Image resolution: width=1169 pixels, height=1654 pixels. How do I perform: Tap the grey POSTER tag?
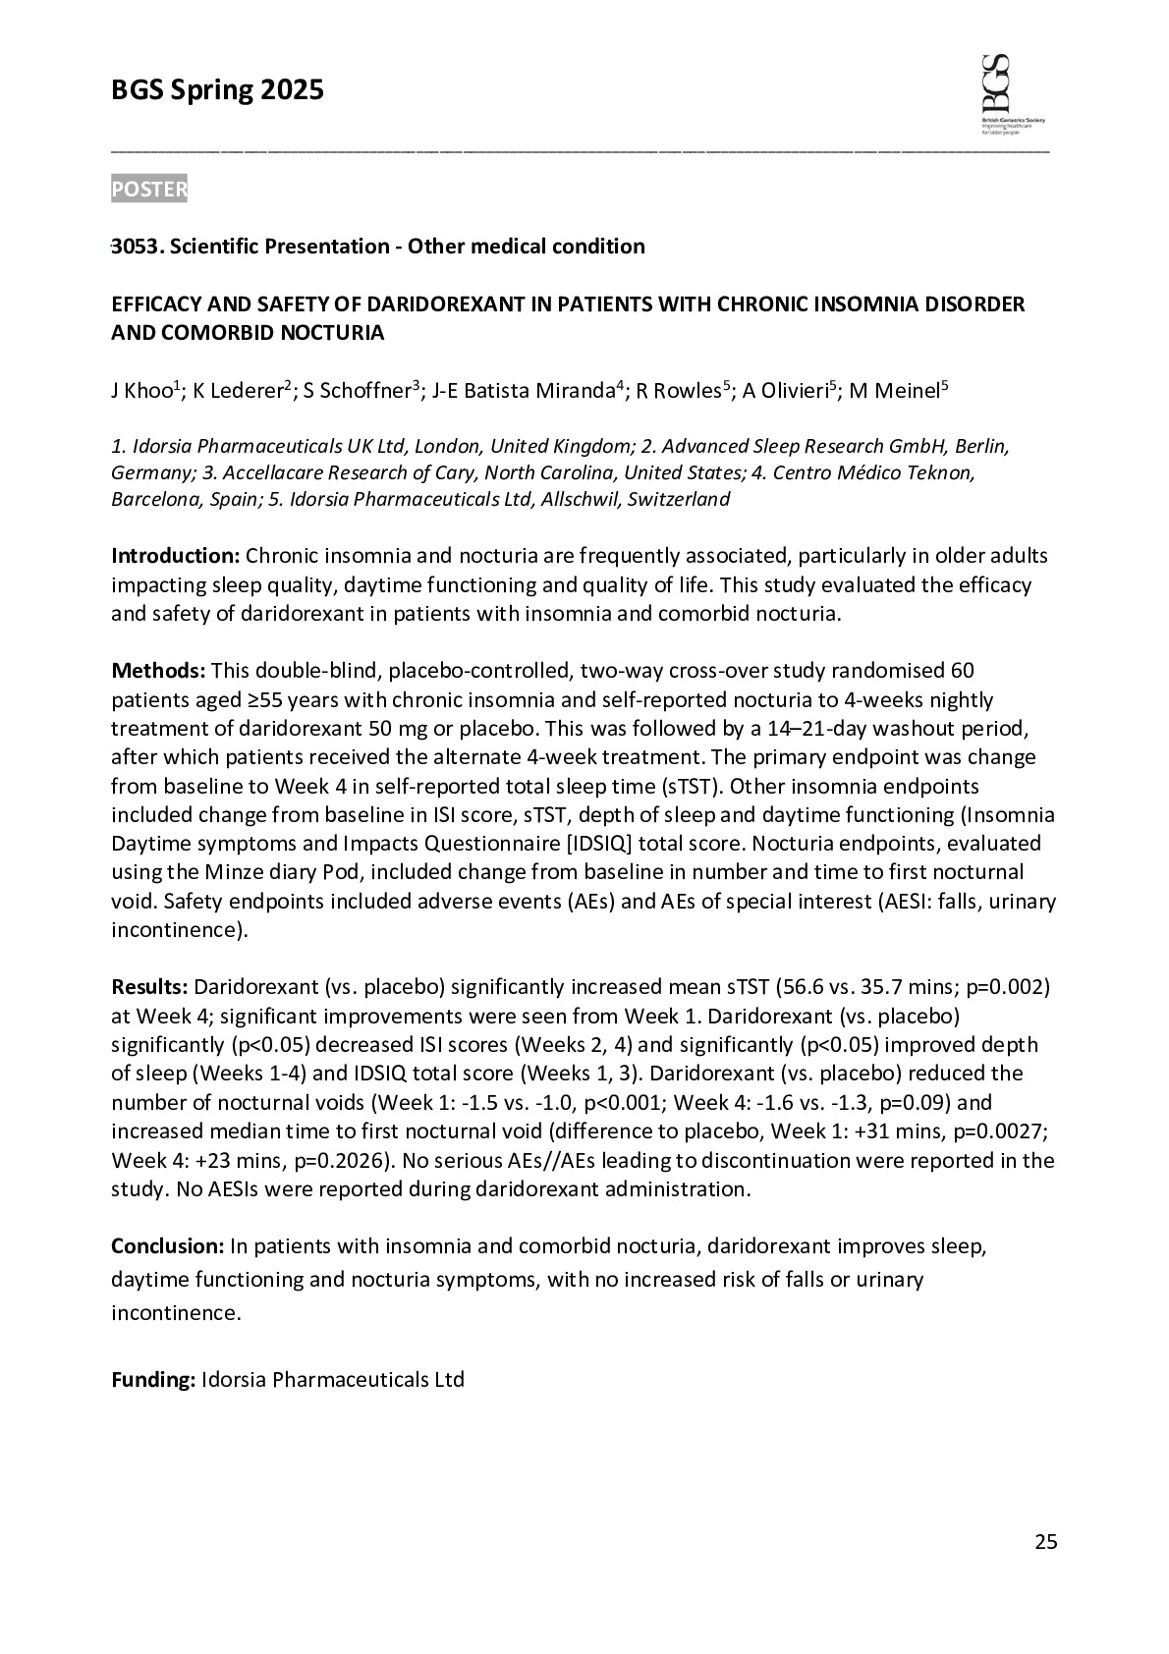148,190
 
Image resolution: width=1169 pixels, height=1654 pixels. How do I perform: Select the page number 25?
1046,1542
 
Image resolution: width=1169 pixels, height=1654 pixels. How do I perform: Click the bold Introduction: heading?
175,556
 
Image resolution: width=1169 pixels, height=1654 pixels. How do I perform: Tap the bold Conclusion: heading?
168,1246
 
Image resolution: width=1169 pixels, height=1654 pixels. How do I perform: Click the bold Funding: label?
153,1380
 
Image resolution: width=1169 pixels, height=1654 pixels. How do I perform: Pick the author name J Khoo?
141,391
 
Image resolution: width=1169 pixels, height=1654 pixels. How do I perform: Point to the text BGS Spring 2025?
217,91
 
